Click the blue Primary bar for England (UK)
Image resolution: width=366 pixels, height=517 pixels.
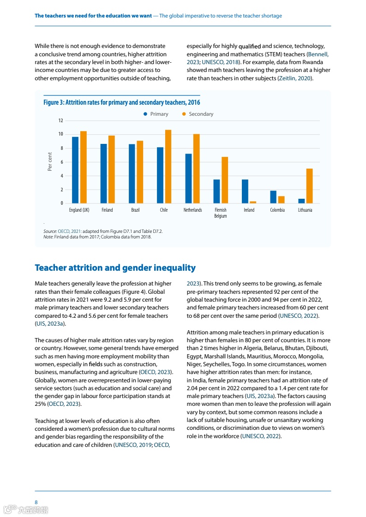click(x=75, y=170)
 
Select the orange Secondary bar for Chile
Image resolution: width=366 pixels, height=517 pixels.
click(x=168, y=166)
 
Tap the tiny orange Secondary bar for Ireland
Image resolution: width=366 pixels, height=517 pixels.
click(x=253, y=202)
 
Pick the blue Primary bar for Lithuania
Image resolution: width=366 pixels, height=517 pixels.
click(x=301, y=201)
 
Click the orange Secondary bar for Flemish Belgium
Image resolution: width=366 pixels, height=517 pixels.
click(x=225, y=180)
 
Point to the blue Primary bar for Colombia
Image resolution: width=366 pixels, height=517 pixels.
click(x=273, y=197)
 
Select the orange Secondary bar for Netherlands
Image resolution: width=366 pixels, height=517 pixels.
click(x=196, y=169)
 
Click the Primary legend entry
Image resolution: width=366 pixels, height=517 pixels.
click(x=156, y=114)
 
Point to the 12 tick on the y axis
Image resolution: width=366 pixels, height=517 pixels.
click(x=60, y=120)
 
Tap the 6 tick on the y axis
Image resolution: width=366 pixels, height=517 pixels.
click(x=61, y=162)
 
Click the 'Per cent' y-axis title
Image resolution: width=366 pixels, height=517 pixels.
click(x=50, y=162)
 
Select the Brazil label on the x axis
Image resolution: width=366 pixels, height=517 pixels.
click(x=135, y=210)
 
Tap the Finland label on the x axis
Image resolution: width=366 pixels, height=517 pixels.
click(x=107, y=210)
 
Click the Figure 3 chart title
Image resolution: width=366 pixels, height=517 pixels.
click(x=122, y=102)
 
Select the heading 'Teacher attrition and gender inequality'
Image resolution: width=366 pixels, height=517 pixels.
click(x=115, y=268)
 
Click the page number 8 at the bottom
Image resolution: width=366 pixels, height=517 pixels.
click(x=36, y=502)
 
